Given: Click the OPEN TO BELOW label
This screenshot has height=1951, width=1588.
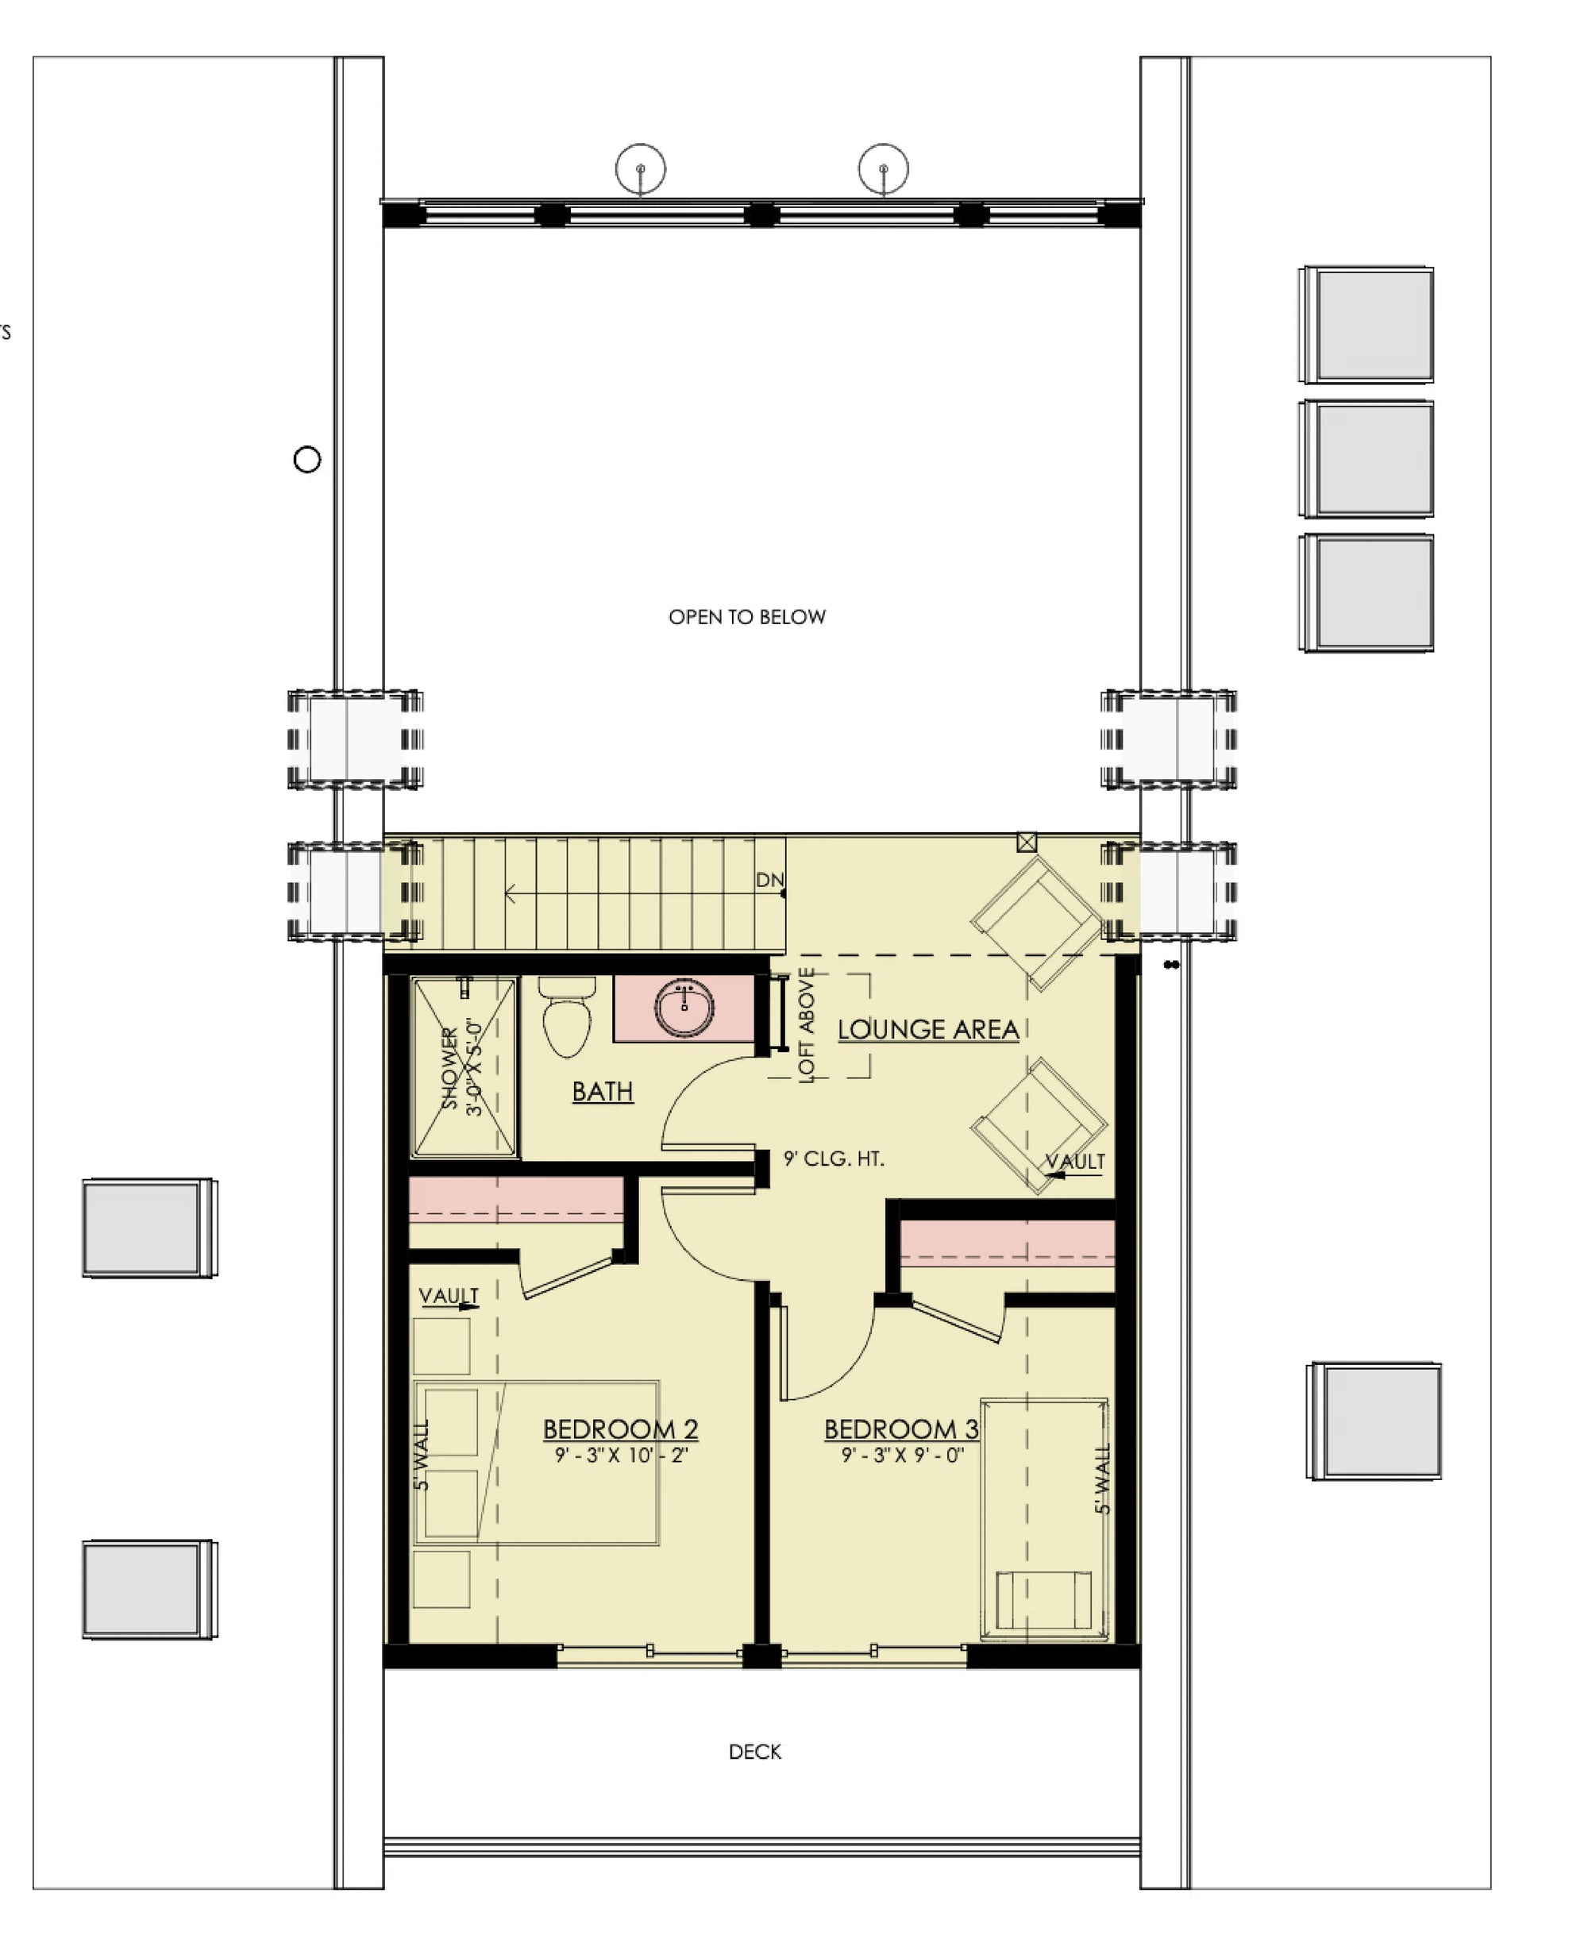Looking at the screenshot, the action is [x=746, y=618].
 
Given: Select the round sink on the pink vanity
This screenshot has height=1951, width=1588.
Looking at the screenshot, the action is [x=684, y=1008].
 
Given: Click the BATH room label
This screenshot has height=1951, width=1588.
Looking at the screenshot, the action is [x=602, y=1091].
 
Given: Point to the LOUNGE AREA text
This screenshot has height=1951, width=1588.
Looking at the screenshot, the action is [x=927, y=1030].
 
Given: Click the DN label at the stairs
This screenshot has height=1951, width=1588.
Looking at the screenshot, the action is [x=769, y=880].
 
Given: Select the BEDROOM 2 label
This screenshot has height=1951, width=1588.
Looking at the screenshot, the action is [x=620, y=1429].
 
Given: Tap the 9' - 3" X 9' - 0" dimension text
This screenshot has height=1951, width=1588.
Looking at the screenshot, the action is [x=903, y=1456].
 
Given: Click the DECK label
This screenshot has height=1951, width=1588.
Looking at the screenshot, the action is [x=754, y=1752].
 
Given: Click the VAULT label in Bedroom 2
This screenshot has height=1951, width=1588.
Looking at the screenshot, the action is [x=449, y=1296].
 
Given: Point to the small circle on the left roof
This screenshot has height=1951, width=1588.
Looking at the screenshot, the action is [x=307, y=459].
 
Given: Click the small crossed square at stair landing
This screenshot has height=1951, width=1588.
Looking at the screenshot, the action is [x=1027, y=842].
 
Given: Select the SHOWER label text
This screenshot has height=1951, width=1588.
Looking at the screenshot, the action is [x=449, y=1068].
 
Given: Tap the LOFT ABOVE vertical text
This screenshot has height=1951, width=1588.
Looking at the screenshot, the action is [x=806, y=1025].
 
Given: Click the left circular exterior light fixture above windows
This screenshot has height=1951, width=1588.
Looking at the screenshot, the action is [x=640, y=169].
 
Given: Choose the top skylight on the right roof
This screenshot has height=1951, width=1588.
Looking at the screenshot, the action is [x=1367, y=325].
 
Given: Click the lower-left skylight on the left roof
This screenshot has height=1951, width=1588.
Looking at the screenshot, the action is [x=149, y=1589].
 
